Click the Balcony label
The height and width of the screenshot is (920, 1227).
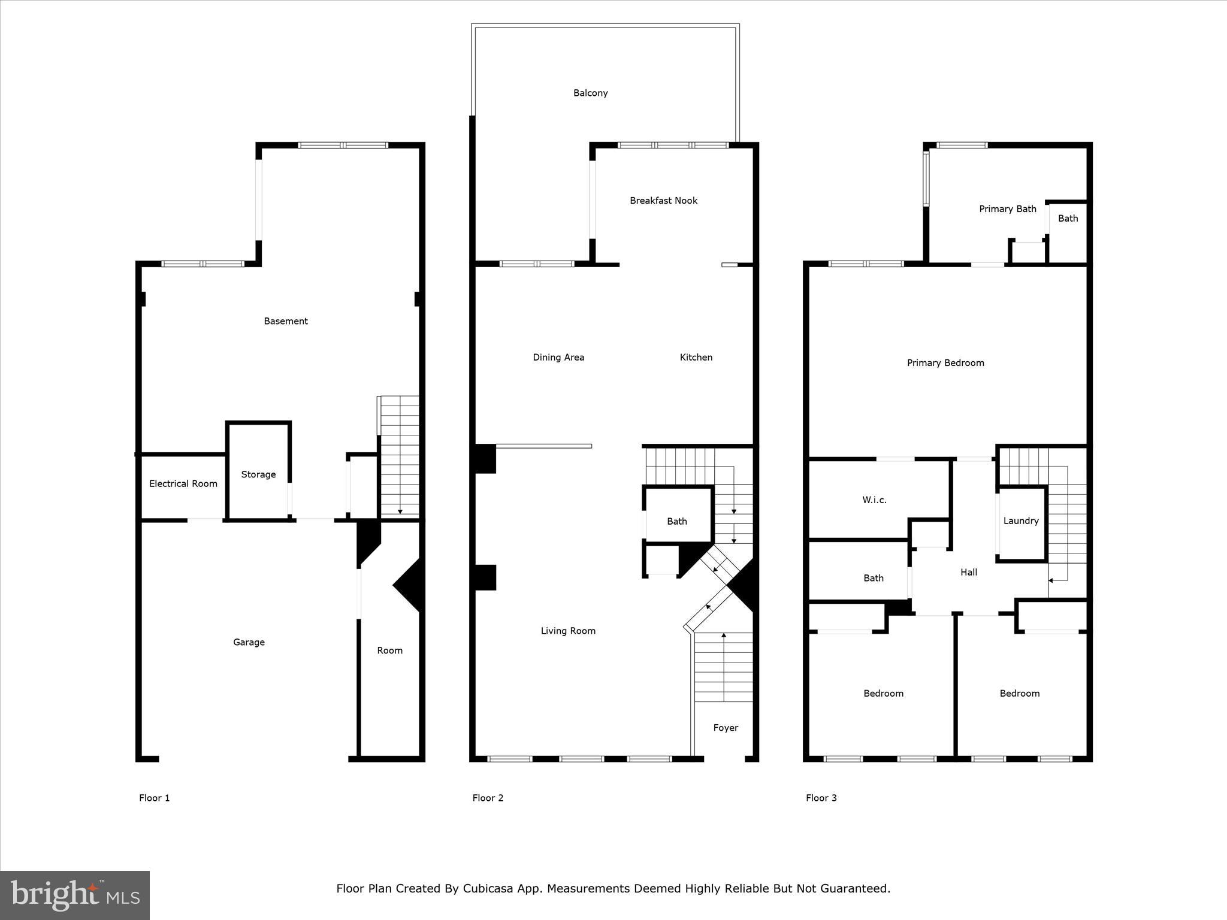pos(590,93)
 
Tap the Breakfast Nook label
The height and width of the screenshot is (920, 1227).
pos(663,201)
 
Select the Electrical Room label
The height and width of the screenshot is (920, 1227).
pos(183,483)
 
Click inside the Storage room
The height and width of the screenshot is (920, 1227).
pos(258,474)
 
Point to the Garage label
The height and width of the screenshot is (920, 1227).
pos(249,642)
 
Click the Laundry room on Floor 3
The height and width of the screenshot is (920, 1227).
pos(1020,521)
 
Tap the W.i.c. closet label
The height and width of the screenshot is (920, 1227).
pos(874,500)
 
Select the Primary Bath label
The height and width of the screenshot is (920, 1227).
pos(1007,209)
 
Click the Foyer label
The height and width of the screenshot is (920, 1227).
pos(725,728)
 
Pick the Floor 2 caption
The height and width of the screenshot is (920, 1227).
pos(488,798)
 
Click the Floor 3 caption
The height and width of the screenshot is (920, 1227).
pos(821,798)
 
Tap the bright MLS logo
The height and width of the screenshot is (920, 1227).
pos(75,895)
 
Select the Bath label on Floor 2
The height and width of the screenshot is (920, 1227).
pos(676,521)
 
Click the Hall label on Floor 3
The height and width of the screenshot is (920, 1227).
pos(968,572)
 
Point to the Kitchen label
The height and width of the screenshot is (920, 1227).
pos(696,358)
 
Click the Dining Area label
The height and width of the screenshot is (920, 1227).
pos(558,358)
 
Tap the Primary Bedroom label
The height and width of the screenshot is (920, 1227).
pos(945,363)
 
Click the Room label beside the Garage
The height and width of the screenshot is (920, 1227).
pos(389,650)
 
